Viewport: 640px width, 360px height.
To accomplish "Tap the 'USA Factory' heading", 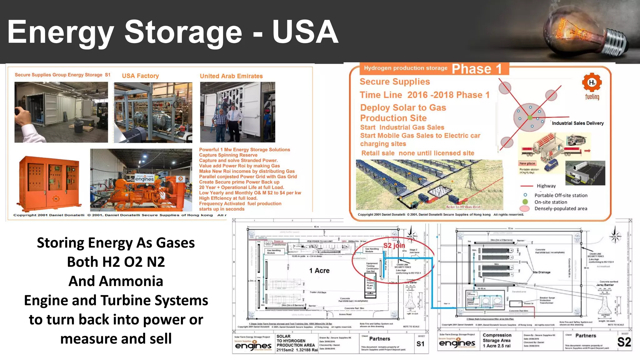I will click(140, 76).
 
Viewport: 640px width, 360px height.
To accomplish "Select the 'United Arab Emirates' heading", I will click(231, 76).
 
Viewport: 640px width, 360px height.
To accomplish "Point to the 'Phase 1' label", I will click(477, 69).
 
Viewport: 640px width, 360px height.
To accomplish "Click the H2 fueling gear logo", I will click(592, 82).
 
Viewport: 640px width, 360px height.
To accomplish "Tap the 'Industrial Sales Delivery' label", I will click(577, 123).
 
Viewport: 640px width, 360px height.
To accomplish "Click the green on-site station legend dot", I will click(525, 202).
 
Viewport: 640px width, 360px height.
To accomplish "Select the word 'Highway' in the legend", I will click(546, 186).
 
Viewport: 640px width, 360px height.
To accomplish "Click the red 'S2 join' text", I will click(394, 245).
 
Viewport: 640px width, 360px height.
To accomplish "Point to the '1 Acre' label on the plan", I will click(319, 271).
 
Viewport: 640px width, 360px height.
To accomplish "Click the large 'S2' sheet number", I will click(624, 342).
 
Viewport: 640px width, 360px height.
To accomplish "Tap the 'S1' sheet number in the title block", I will click(421, 344).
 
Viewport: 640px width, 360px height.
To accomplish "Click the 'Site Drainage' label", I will click(542, 272).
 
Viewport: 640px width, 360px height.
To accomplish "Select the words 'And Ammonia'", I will click(116, 281).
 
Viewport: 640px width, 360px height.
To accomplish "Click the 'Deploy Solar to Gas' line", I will click(403, 107).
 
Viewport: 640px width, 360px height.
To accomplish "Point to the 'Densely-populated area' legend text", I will click(561, 208).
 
